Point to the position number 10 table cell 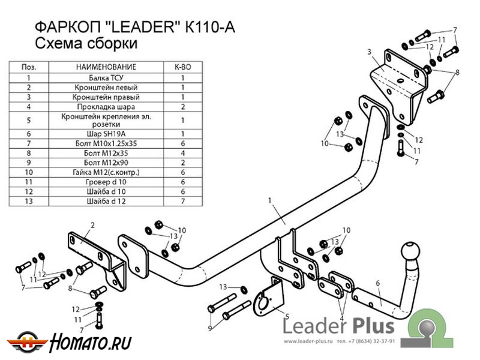coord(29,172)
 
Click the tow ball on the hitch coord(410,252)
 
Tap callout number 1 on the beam coord(271,199)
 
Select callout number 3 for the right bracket coord(370,52)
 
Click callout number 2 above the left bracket coord(93,225)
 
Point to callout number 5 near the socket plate coord(287,316)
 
